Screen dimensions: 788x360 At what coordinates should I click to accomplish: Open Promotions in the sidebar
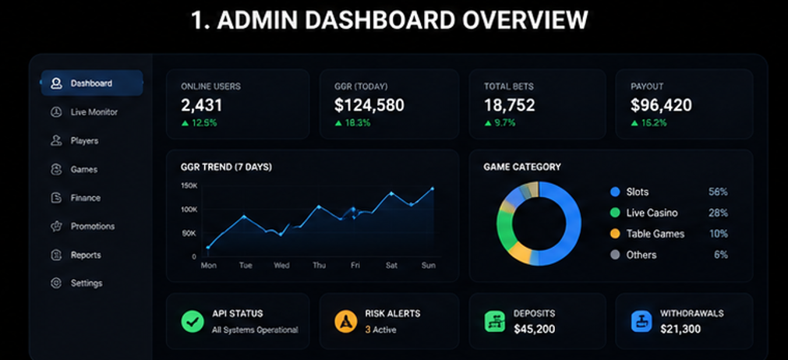click(x=83, y=227)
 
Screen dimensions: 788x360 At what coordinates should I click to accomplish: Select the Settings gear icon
click(x=56, y=283)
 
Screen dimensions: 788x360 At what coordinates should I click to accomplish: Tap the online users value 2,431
click(x=202, y=105)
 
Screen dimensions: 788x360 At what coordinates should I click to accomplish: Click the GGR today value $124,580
click(x=369, y=105)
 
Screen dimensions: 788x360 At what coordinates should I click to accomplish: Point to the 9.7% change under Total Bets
click(x=500, y=123)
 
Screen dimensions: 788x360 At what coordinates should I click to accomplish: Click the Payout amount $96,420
click(x=662, y=105)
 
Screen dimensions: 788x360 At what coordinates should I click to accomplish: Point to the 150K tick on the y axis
click(x=189, y=185)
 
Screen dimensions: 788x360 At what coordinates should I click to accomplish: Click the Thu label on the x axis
click(x=319, y=266)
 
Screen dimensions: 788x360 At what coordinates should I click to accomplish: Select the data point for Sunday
click(x=432, y=189)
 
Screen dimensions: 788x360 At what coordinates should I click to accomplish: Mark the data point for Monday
click(x=208, y=248)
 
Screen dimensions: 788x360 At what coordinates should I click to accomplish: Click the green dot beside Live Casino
click(x=615, y=213)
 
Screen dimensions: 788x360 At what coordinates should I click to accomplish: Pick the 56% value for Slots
click(x=718, y=192)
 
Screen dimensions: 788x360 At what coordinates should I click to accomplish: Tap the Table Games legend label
click(x=655, y=234)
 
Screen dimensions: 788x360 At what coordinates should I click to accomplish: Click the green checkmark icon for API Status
click(x=192, y=321)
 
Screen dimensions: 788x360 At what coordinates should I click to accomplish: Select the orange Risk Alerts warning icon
click(x=345, y=321)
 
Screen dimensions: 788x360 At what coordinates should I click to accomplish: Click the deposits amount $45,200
click(x=534, y=330)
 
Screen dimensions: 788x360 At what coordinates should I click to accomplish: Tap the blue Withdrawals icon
click(x=641, y=321)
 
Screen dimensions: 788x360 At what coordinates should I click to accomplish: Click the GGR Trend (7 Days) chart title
click(x=226, y=168)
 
